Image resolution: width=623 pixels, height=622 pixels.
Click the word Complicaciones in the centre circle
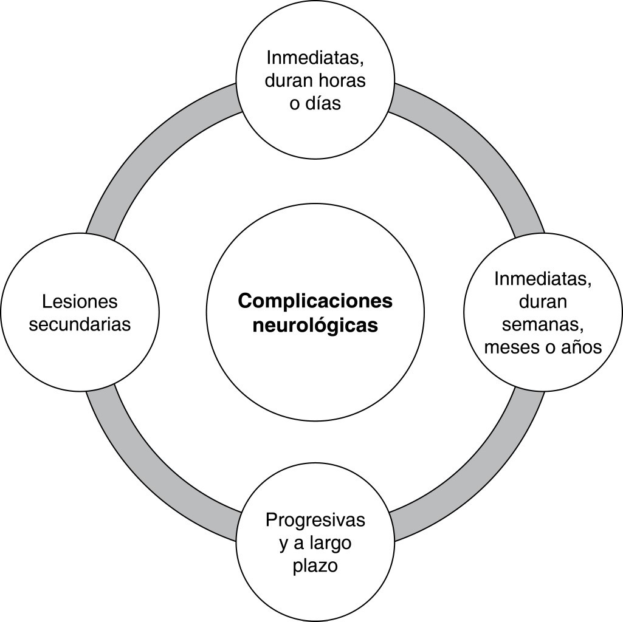pyautogui.click(x=315, y=301)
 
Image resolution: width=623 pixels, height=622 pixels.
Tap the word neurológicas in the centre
pyautogui.click(x=315, y=326)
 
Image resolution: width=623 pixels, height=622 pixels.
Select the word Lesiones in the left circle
pyautogui.click(x=80, y=301)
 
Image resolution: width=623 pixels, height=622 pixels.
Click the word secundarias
pyautogui.click(x=80, y=324)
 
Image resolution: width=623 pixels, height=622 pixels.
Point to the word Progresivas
pyautogui.click(x=315, y=521)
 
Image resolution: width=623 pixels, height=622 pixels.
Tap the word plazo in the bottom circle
pyautogui.click(x=315, y=566)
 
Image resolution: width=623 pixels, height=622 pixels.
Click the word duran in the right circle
pyautogui.click(x=543, y=301)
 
